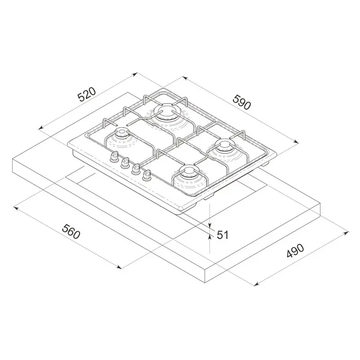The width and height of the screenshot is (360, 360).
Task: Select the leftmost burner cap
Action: (121, 133)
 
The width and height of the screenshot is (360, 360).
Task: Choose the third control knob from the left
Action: (135, 169)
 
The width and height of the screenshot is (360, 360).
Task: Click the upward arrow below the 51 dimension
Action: (210, 238)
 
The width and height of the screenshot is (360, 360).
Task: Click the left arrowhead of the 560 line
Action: (15, 207)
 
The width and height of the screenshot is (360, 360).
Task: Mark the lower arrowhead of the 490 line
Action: (256, 284)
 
